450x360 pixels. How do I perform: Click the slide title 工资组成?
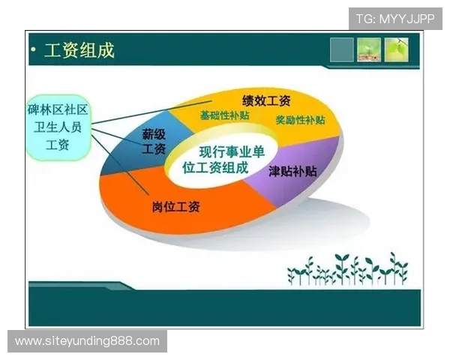pos(79,50)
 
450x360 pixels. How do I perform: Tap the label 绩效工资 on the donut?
pos(265,100)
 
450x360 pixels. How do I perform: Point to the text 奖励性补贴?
pos(300,120)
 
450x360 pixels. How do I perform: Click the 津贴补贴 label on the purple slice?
pos(292,171)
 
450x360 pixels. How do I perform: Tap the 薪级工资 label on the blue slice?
pos(154,142)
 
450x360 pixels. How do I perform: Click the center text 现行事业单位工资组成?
pos(221,159)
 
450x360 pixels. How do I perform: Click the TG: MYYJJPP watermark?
pos(395,19)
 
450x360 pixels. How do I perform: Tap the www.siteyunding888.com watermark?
pos(87,341)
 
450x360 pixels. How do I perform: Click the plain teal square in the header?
pos(341,49)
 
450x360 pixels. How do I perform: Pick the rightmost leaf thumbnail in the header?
pos(397,49)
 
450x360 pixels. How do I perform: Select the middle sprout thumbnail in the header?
pos(369,49)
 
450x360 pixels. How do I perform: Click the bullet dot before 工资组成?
pos(34,51)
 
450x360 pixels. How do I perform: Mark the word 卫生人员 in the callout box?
pos(56,127)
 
